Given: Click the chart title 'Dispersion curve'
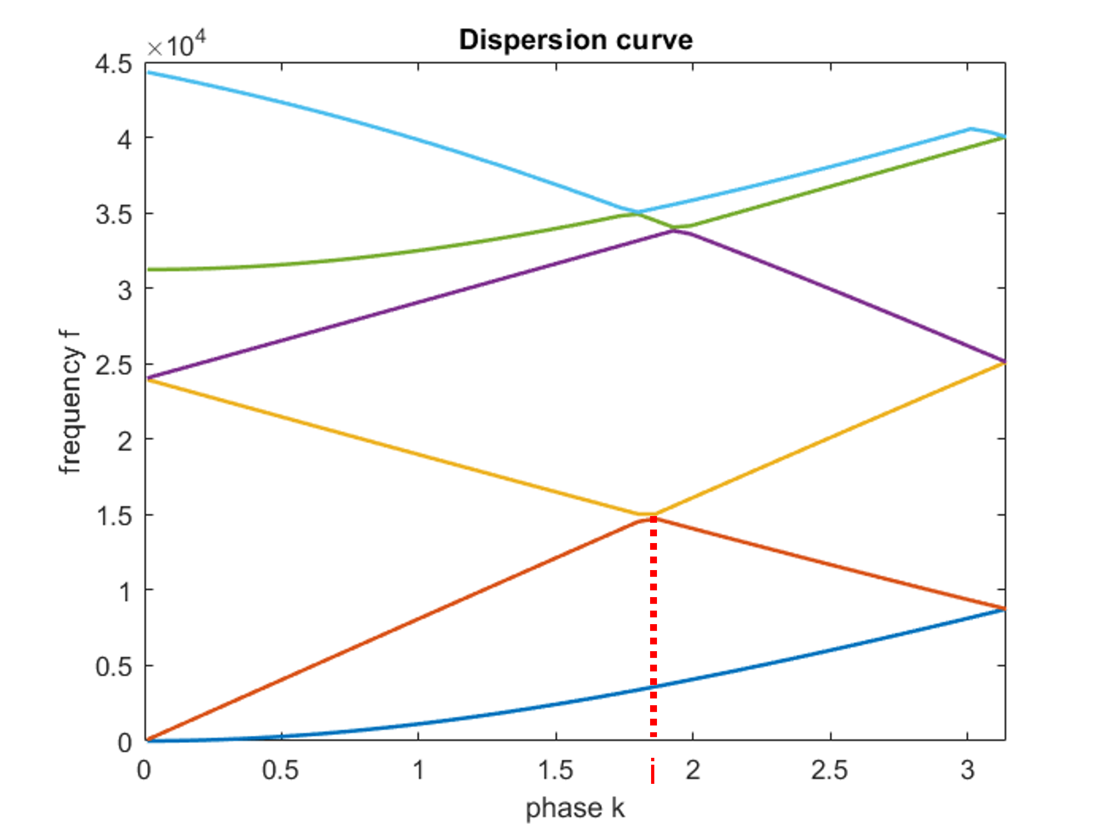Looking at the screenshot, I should click(575, 40).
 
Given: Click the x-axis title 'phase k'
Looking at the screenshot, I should click(575, 808).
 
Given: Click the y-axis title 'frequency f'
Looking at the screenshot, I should click(70, 402).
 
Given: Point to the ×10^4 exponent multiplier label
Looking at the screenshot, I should click(176, 45).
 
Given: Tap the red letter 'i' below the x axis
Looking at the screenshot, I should click(653, 772).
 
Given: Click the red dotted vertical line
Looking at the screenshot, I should click(653, 628).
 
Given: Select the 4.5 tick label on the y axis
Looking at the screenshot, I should click(114, 65).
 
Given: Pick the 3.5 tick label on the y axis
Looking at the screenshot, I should click(114, 215).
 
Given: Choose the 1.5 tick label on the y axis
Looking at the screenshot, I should click(114, 516).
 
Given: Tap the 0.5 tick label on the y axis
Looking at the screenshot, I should click(114, 666).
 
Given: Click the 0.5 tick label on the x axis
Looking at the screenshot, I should click(280, 770).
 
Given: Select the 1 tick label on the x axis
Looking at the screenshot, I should click(418, 770).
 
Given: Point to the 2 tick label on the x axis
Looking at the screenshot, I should click(693, 770).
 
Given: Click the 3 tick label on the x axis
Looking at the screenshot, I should click(968, 770).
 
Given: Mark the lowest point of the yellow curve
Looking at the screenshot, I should click(645, 514).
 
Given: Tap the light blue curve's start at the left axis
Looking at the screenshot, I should click(147, 72).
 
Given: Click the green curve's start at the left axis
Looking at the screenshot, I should click(147, 270).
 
